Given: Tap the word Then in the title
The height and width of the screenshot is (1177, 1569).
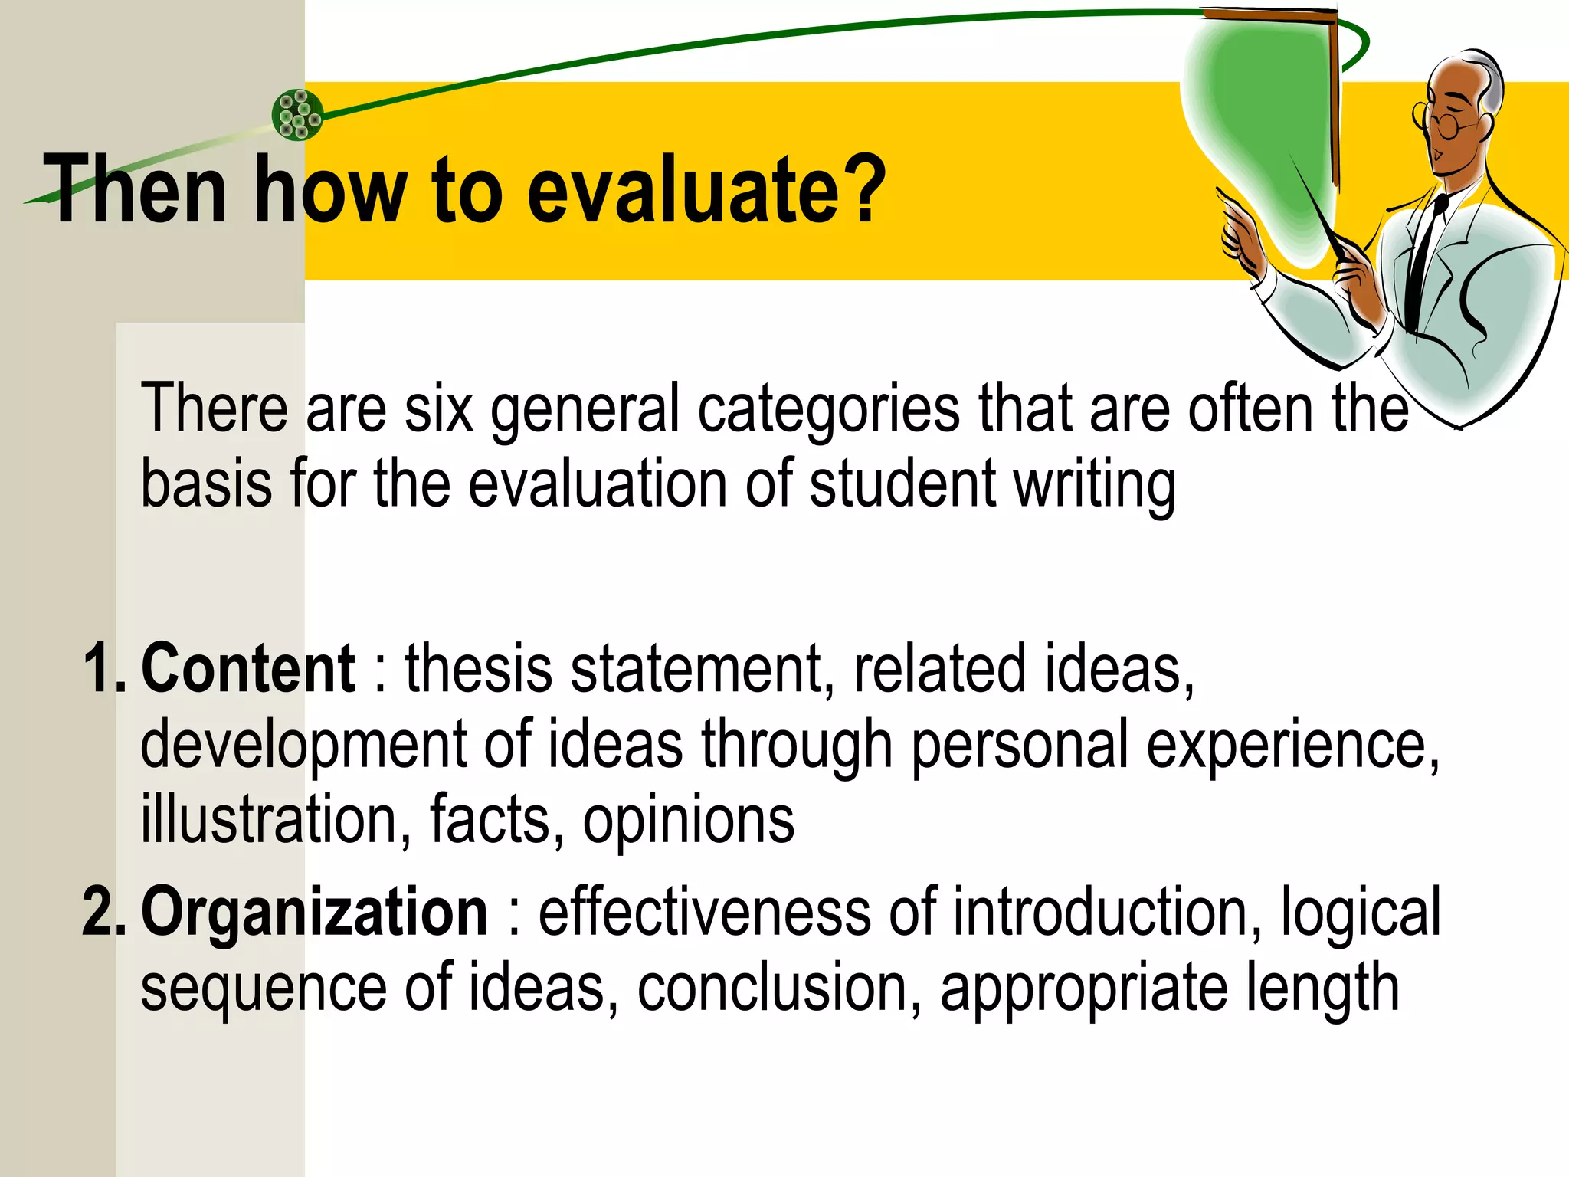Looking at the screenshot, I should (x=135, y=190).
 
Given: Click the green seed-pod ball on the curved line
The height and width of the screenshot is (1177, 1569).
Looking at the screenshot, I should (x=297, y=115).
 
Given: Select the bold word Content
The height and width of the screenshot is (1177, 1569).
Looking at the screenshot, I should (x=248, y=668).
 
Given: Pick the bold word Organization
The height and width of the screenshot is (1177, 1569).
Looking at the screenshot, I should (x=314, y=912).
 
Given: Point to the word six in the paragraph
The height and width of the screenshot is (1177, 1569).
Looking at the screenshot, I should (x=438, y=409).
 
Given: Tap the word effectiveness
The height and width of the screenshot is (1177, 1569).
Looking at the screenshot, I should (x=705, y=912).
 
